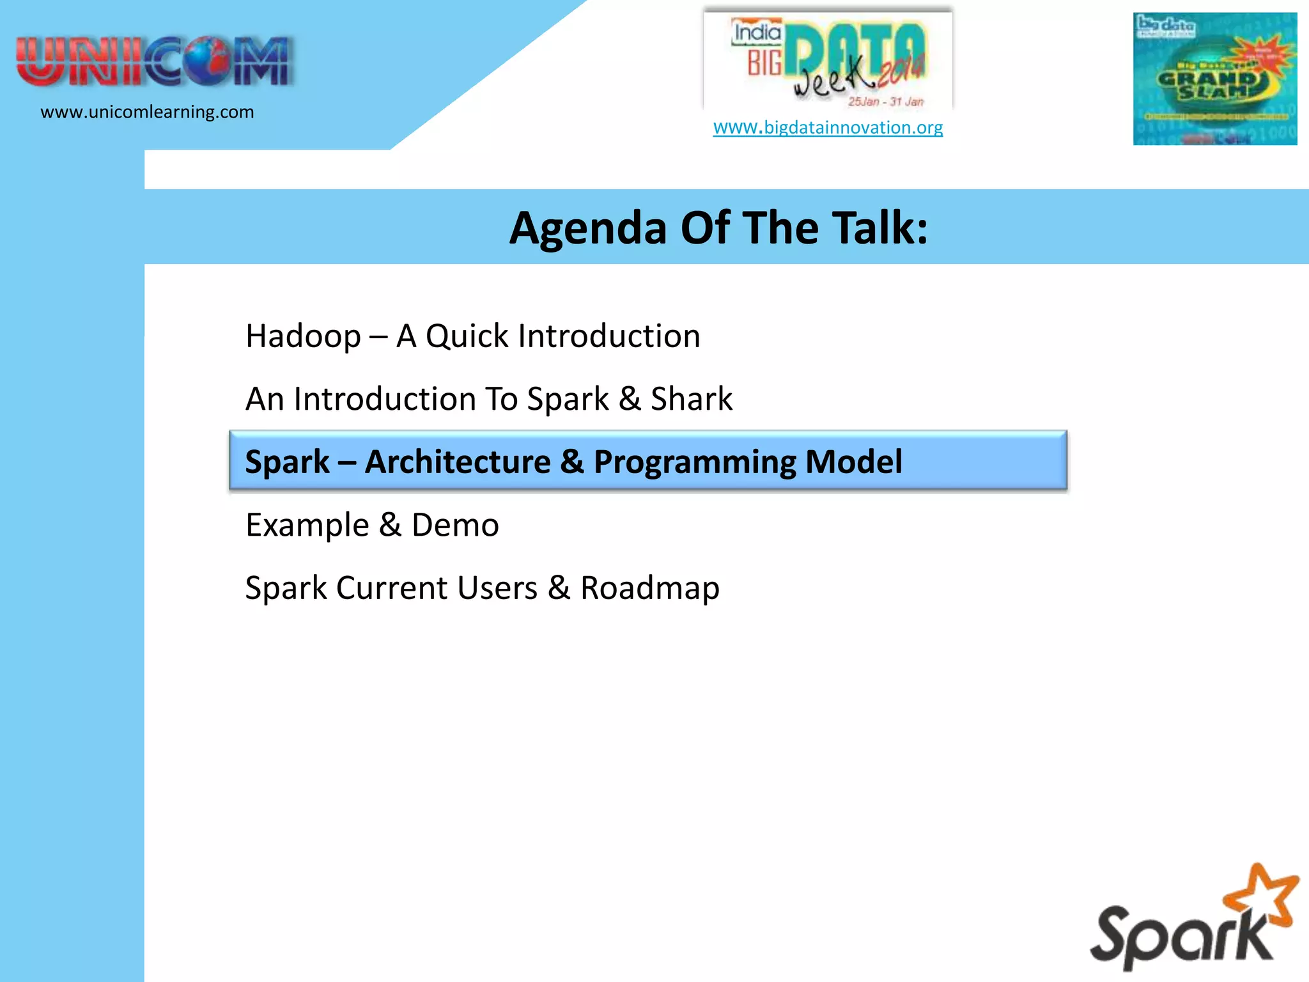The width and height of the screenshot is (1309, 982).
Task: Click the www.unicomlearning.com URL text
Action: click(147, 112)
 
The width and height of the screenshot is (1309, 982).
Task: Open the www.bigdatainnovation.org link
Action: click(828, 127)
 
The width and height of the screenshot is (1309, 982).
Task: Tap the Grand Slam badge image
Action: click(1214, 79)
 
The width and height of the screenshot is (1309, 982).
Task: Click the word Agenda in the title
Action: click(587, 228)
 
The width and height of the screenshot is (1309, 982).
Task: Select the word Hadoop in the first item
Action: click(303, 336)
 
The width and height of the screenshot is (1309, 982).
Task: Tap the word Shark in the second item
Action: click(691, 399)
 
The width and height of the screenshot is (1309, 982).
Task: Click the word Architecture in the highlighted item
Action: click(458, 462)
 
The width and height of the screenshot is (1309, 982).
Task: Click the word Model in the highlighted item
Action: click(853, 462)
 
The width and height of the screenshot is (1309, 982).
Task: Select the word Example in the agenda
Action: click(307, 526)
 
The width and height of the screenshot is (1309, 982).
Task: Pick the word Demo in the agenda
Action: click(454, 526)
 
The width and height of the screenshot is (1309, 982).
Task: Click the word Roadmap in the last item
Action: click(649, 588)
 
